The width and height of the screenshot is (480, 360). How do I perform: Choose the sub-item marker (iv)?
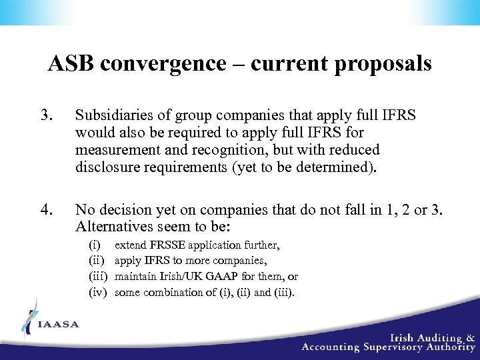pos(98,291)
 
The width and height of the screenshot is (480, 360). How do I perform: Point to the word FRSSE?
pos(167,245)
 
